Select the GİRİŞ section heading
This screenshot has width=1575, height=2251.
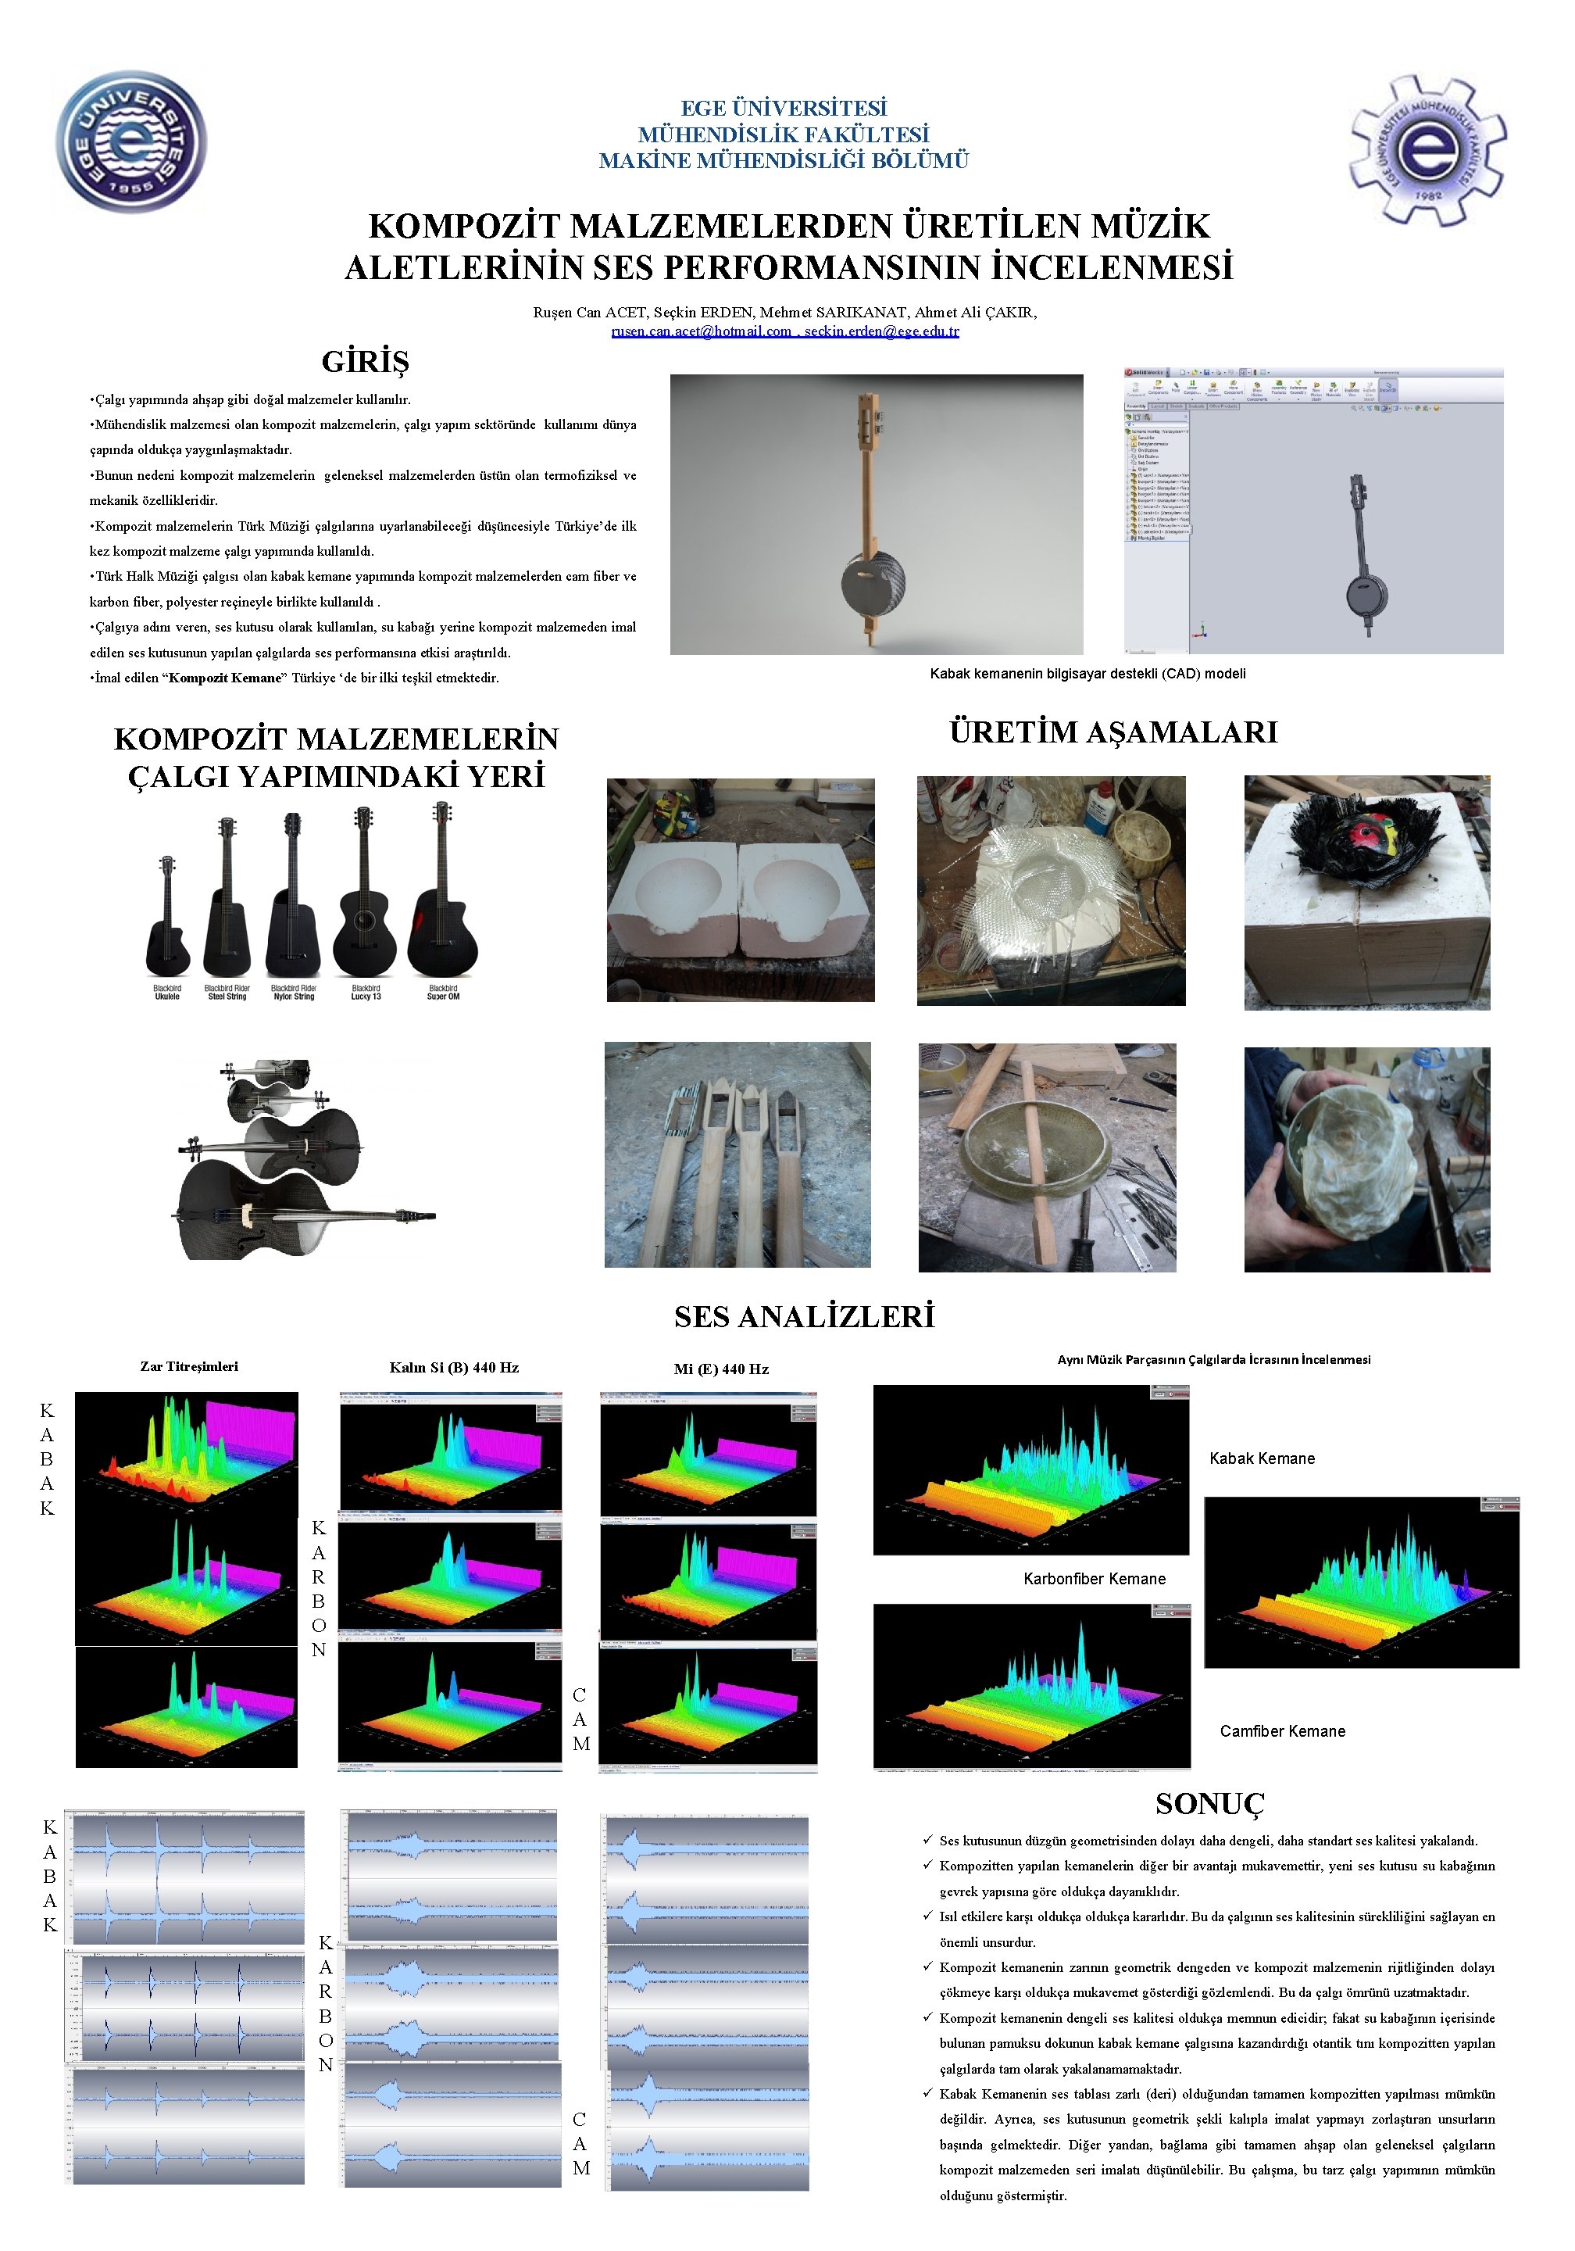point(365,362)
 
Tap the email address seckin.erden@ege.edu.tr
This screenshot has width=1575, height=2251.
point(881,331)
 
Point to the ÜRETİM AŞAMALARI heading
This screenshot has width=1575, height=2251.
point(1112,732)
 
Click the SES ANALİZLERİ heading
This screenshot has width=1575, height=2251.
point(804,1317)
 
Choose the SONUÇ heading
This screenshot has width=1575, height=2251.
point(1209,1804)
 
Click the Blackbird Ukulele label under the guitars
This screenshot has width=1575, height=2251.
point(166,992)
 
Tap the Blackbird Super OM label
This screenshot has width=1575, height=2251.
point(443,992)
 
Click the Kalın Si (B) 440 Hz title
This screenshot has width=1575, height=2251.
point(454,1368)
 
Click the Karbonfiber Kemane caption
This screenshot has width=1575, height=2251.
point(1094,1580)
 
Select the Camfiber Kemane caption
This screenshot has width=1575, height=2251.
point(1282,1731)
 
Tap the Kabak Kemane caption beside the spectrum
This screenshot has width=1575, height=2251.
point(1262,1458)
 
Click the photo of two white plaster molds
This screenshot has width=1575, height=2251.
point(740,890)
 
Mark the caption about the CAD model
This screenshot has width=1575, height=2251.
point(1087,674)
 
